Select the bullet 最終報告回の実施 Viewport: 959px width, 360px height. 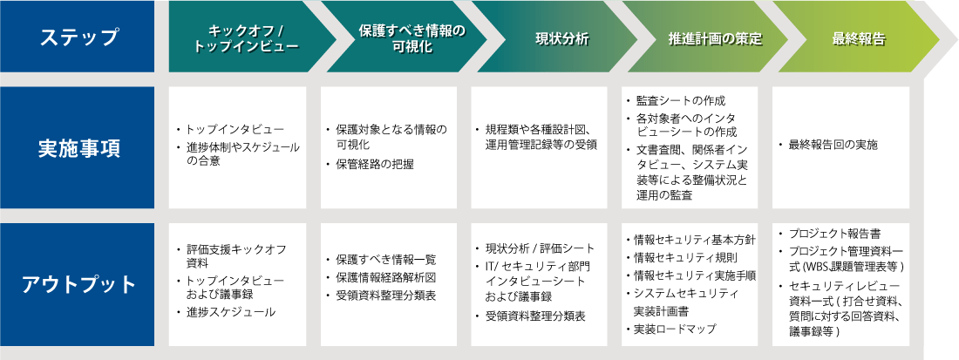(833, 143)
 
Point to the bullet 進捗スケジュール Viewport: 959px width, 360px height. (225, 311)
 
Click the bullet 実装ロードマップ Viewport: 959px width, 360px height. (675, 329)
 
